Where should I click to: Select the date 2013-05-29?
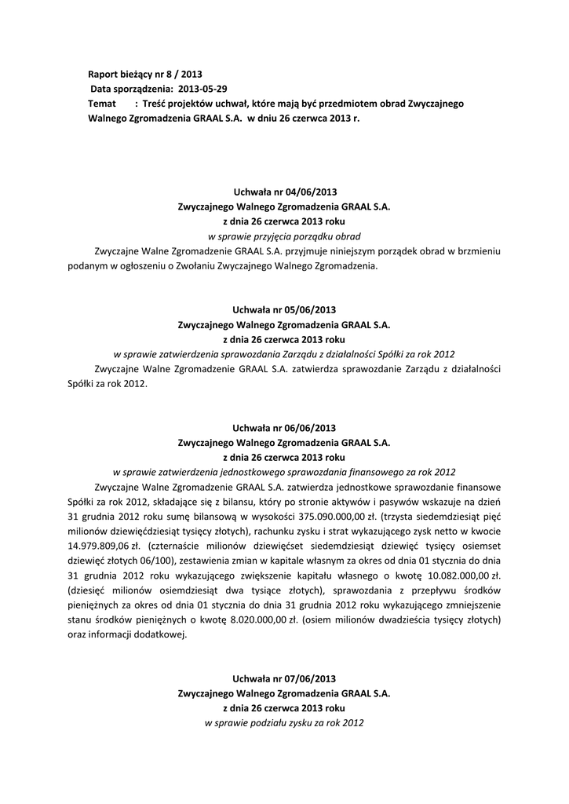(x=203, y=89)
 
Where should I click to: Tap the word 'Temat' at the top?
(x=102, y=104)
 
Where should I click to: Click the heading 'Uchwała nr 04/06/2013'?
(x=284, y=192)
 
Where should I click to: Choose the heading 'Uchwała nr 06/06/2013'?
(x=284, y=428)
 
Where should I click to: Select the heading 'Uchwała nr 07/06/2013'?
(x=284, y=678)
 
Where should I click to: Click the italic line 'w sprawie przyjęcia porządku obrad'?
(x=284, y=236)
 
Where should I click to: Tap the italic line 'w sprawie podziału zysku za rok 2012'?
(x=284, y=722)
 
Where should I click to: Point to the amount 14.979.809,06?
(x=99, y=546)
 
